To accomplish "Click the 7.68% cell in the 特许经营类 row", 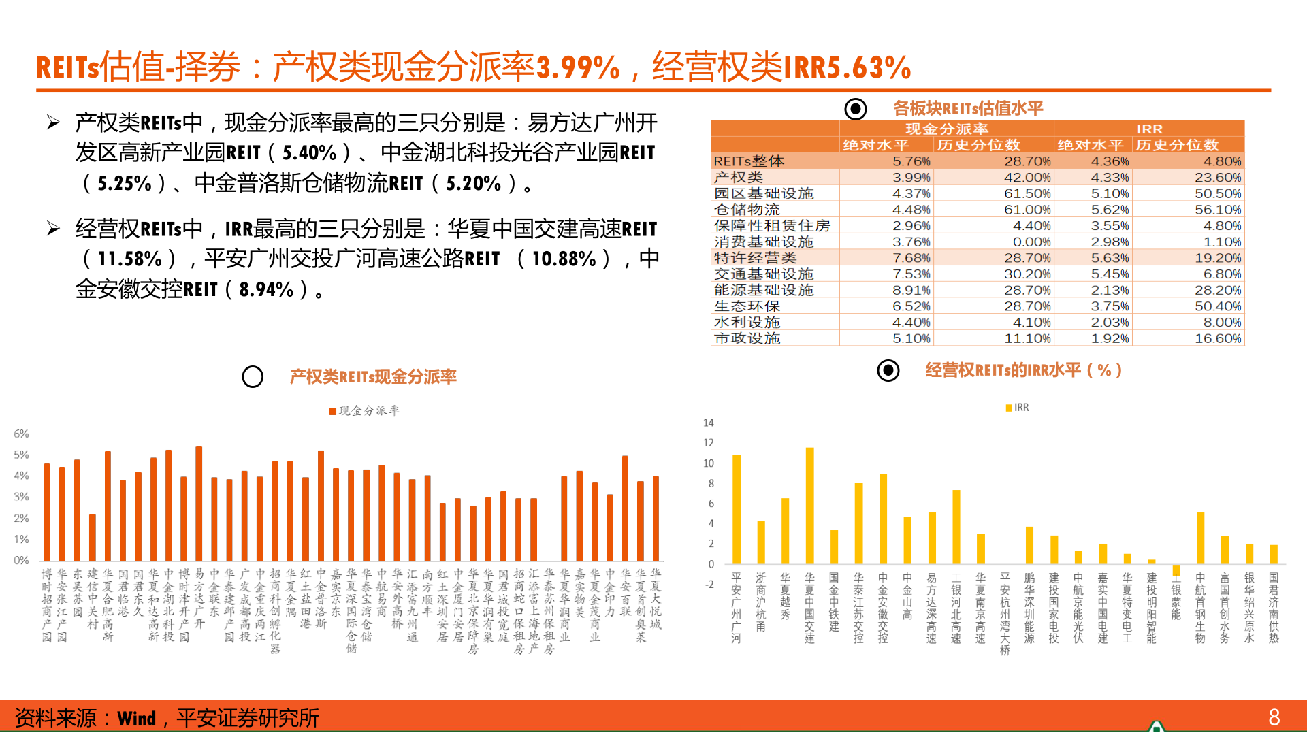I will pos(911,258).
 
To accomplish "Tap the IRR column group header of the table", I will pos(1149,129).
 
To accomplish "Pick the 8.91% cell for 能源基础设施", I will pos(911,290).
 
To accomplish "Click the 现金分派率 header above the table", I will pos(946,129).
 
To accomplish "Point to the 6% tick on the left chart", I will pos(21,434).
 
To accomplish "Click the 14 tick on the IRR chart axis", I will pos(708,423).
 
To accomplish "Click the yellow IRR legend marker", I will pos(1009,408).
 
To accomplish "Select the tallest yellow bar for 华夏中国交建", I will pos(809,505).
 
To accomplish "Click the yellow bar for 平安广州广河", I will pos(737,508).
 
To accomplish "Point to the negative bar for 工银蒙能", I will pos(1176,570).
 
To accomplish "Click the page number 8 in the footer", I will pos(1274,717).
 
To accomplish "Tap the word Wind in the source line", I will pos(136,719).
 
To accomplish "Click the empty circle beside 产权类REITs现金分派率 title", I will pos(253,377).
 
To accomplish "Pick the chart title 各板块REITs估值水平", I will pos(967,108).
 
